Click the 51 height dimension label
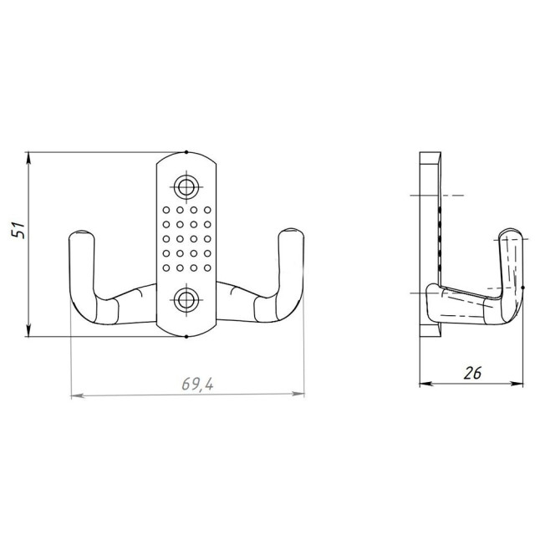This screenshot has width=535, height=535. (18, 230)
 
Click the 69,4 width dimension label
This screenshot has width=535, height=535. (197, 385)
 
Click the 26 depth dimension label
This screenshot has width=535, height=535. (472, 373)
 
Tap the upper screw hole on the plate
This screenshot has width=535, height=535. (186, 187)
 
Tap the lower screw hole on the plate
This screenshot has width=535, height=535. (186, 300)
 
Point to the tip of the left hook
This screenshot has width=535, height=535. (81, 232)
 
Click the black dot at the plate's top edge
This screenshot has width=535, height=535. (186, 152)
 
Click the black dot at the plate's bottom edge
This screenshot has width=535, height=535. (186, 336)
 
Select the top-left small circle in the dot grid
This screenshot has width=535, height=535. (166, 210)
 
